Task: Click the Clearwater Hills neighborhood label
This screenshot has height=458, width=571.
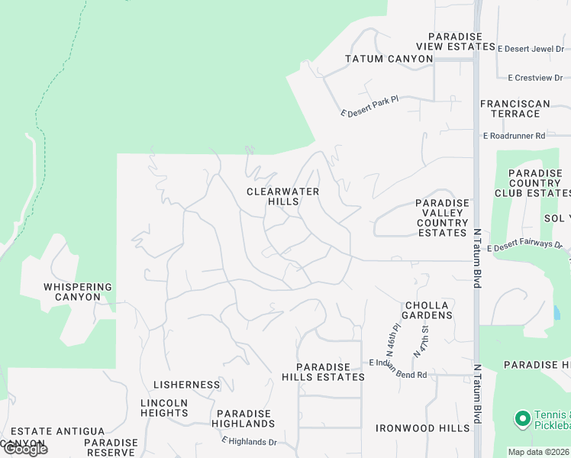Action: coord(282,196)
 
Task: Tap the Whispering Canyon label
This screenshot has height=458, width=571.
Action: coord(78,292)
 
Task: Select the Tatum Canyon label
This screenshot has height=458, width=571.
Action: coord(389,59)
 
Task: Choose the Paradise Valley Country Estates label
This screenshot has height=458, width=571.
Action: coord(442,218)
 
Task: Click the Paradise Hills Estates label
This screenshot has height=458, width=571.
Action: coord(323,372)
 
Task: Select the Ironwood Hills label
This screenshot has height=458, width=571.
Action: coord(422,428)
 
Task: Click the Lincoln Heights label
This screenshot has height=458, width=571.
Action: coord(164,408)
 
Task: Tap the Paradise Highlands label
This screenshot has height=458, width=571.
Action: coord(242,418)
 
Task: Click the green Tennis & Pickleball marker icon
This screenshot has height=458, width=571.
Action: coord(522,418)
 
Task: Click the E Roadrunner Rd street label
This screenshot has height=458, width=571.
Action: coord(514,135)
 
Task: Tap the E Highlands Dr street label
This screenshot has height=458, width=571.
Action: coord(249,441)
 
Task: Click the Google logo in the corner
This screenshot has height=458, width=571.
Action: coord(24,449)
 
